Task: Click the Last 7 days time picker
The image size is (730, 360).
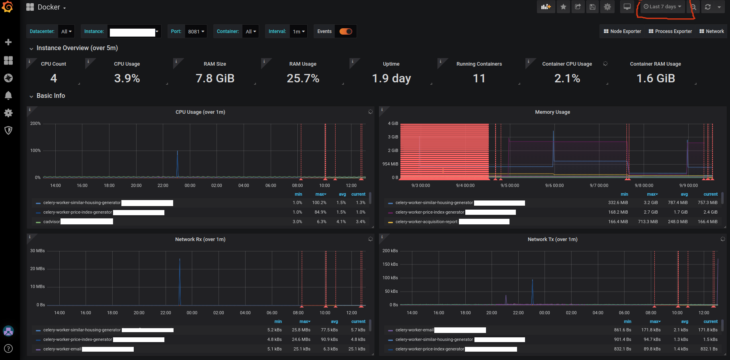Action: click(662, 7)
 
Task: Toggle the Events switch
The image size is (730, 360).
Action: click(345, 31)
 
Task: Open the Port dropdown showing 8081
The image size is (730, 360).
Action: click(195, 31)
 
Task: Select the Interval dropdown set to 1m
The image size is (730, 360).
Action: click(298, 31)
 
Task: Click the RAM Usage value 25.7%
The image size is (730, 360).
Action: click(303, 78)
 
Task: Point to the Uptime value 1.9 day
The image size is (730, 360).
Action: click(391, 78)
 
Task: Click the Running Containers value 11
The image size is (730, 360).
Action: click(479, 78)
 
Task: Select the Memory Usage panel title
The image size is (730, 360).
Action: click(552, 112)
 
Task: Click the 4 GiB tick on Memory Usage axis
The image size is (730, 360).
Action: click(393, 124)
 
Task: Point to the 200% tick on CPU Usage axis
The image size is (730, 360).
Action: click(35, 124)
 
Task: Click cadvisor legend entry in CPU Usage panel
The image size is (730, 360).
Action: click(51, 222)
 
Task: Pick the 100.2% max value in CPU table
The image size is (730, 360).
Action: click(319, 203)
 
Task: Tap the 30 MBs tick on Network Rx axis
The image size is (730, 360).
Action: click(37, 251)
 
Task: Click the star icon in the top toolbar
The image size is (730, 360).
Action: click(563, 7)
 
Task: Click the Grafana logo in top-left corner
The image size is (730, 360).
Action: click(8, 7)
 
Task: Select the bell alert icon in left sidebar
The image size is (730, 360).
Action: click(8, 95)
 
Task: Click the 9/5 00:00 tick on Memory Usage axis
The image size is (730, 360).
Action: click(509, 186)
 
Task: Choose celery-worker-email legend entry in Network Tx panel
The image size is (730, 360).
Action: click(414, 330)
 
